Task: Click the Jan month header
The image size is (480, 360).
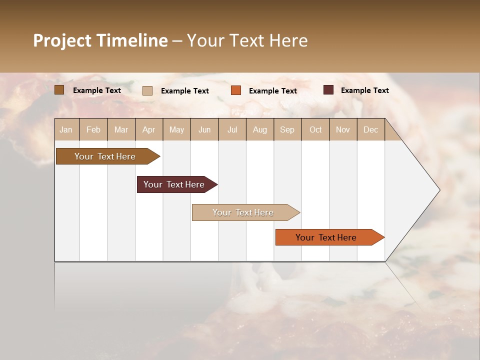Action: point(66,129)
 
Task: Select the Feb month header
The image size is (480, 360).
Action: point(93,129)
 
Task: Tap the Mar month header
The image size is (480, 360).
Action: point(121,129)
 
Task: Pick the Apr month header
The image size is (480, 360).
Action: point(149,129)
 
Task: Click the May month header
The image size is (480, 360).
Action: point(176,129)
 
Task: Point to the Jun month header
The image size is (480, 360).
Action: point(204,129)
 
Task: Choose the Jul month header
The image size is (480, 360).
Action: point(232,129)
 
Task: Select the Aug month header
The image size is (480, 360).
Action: point(260,129)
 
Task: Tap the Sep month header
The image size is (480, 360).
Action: point(287,129)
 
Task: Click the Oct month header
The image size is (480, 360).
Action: point(315,129)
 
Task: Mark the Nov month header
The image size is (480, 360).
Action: point(343,129)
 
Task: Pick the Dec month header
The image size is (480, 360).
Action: point(371,129)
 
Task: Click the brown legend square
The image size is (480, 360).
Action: point(59,90)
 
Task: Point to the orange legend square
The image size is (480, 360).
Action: point(236,90)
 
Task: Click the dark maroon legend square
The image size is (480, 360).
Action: point(328,90)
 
